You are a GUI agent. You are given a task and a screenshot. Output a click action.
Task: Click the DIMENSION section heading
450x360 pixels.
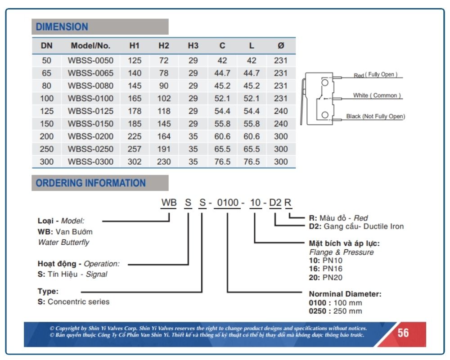[62, 27]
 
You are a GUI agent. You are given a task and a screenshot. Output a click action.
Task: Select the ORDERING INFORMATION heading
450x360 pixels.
[91, 183]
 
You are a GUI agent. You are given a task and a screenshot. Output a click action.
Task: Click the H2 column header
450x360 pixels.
[164, 45]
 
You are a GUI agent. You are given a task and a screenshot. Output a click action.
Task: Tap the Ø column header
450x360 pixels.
[281, 45]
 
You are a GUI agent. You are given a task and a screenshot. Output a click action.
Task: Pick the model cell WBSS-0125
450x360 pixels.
[91, 111]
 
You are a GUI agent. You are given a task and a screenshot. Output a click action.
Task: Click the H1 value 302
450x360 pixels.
[134, 162]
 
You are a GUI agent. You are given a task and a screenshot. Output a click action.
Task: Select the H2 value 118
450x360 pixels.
[164, 111]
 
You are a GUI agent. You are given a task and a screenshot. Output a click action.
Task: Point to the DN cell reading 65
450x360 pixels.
[46, 73]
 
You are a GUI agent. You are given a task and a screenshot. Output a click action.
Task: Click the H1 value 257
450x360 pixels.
[134, 149]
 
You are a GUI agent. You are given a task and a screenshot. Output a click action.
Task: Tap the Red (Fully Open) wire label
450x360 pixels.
[375, 75]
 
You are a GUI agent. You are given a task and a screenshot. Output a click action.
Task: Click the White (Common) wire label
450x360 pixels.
[377, 95]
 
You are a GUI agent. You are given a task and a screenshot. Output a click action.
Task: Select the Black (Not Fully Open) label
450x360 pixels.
[375, 116]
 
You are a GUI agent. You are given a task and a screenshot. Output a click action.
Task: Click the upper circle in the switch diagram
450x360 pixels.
[325, 83]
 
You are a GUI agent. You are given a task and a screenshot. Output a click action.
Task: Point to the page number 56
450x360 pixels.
[403, 333]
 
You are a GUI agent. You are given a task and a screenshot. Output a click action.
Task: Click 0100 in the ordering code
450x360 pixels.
[228, 202]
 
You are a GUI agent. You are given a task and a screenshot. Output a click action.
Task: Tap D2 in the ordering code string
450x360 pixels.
[275, 202]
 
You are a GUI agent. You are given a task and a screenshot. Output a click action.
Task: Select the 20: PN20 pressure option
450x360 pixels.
[325, 278]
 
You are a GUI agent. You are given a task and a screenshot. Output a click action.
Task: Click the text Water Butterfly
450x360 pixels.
[63, 242]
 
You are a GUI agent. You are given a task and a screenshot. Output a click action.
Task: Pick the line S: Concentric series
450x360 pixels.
[73, 301]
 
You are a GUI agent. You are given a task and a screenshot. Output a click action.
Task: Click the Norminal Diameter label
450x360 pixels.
[345, 294]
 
